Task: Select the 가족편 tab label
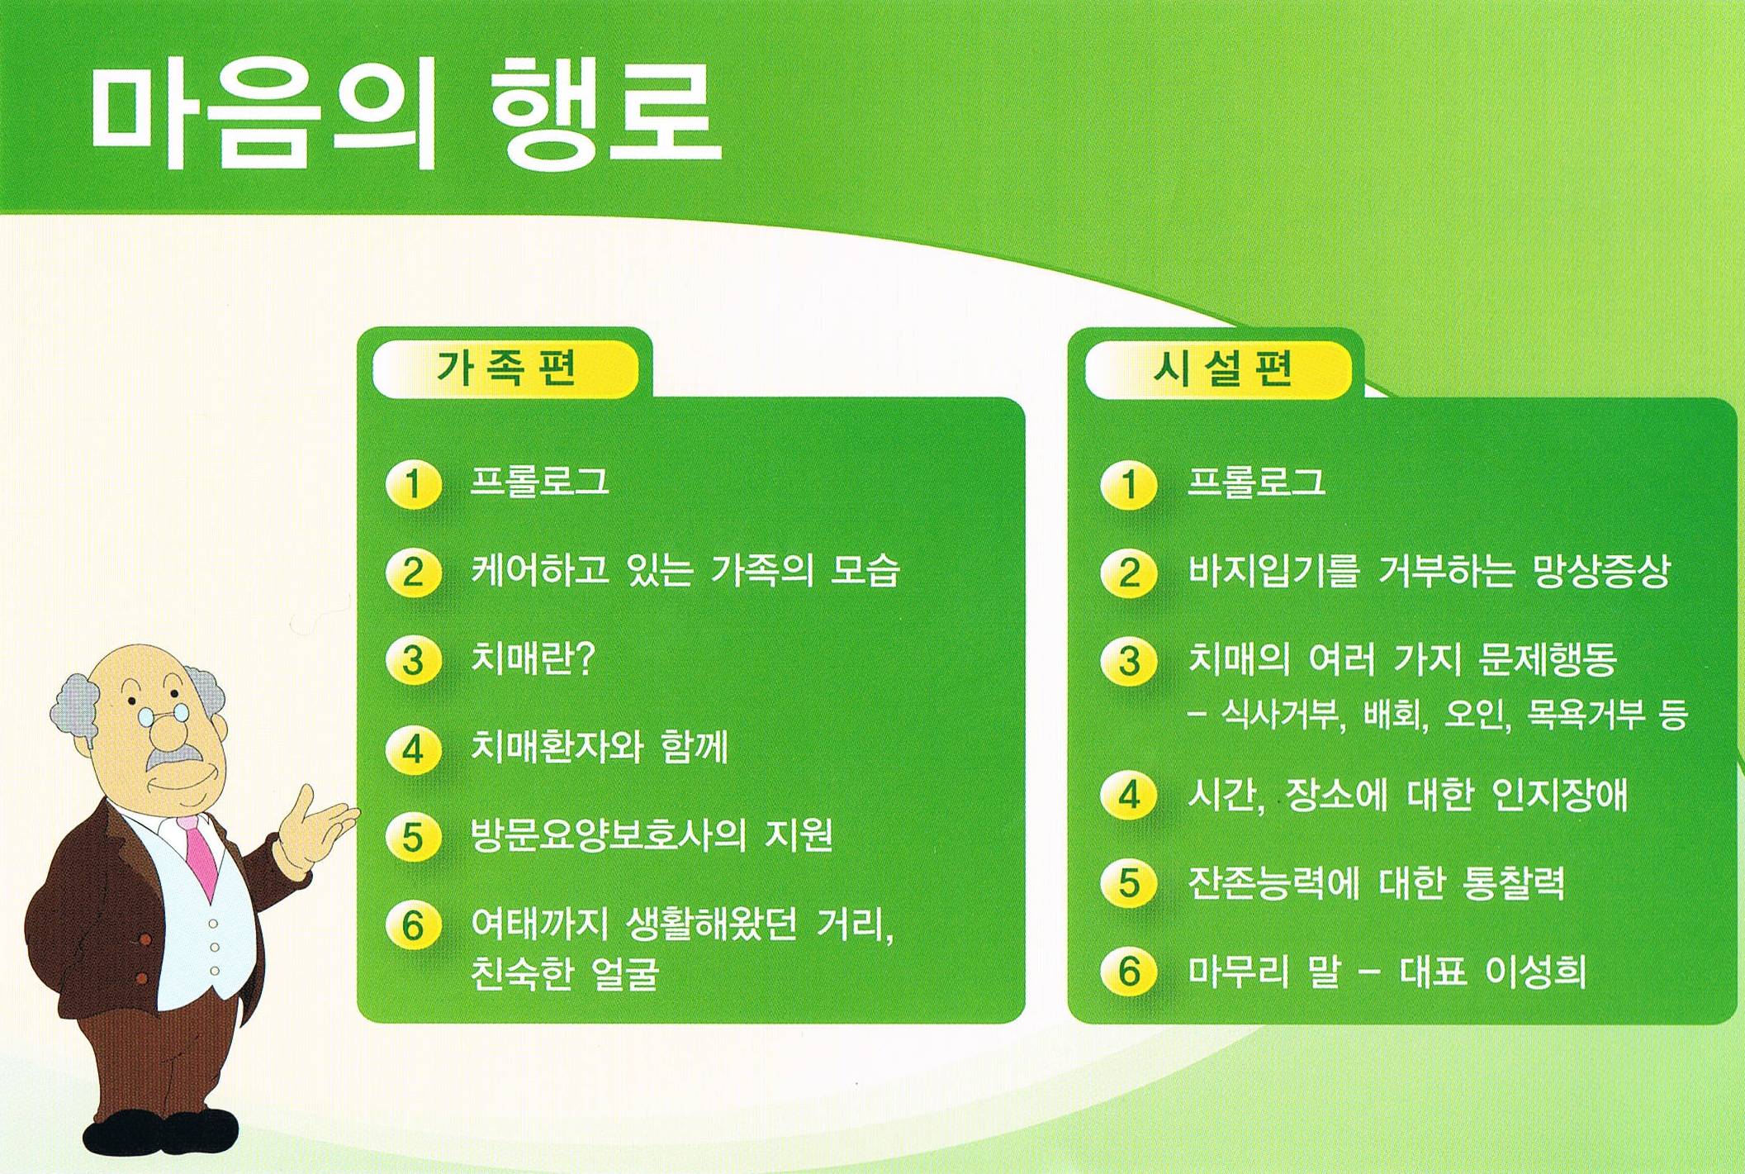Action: point(506,368)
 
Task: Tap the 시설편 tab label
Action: point(1221,368)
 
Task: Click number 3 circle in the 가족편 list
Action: point(413,662)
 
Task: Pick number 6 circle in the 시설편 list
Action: point(1129,972)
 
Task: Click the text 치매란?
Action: point(533,658)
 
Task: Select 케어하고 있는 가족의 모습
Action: point(685,570)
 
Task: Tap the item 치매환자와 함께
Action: point(600,747)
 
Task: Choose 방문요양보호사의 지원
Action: point(652,835)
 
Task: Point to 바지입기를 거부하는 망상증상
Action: point(1429,570)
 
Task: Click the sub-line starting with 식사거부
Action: point(1438,715)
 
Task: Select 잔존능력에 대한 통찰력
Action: point(1376,883)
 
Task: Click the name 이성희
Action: point(1535,972)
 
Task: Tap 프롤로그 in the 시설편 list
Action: point(1256,482)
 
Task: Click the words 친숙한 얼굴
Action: point(565,973)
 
